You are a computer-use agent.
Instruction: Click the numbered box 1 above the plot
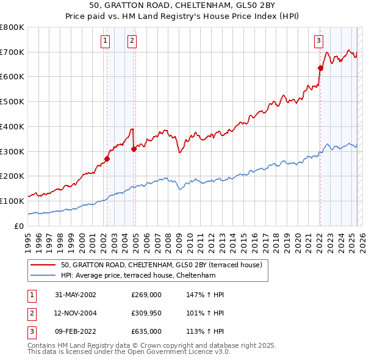106,41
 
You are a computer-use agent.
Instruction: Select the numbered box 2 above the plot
132,41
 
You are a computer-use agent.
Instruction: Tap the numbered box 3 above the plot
318,41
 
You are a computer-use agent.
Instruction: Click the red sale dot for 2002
107,159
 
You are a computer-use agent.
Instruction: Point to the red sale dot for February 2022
320,68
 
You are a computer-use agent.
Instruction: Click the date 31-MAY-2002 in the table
76,295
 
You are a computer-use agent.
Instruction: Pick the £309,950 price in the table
146,313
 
